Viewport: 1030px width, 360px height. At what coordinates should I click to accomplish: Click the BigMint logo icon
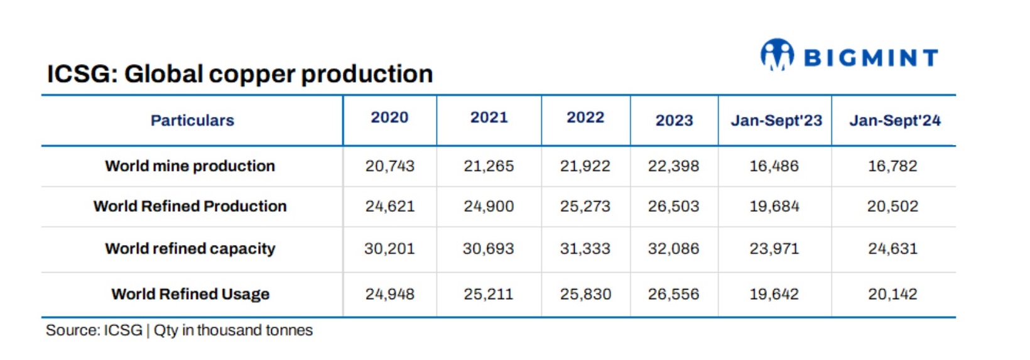777,55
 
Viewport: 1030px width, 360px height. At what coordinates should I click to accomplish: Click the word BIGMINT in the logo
871,58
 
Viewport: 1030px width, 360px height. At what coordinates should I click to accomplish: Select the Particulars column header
192,120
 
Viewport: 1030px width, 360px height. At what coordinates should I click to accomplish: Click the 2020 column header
389,117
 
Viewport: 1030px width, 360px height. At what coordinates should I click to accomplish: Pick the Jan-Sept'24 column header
894,120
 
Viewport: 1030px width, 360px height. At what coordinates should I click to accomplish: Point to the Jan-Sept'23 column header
776,120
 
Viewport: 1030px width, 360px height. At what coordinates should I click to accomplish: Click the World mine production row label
190,166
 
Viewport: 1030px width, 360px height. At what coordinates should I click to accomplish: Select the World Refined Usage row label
190,294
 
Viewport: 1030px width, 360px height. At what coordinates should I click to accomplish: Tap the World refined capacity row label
190,249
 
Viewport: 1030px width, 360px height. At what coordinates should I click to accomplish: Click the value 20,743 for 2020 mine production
389,166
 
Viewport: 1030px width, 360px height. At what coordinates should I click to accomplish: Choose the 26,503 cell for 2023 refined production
673,206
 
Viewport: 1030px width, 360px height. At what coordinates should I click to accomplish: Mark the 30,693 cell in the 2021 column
488,249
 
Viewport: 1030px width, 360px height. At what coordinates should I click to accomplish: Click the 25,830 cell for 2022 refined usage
585,294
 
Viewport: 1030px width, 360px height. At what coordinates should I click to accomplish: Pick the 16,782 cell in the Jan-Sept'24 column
892,166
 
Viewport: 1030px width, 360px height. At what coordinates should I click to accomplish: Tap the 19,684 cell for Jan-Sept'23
774,206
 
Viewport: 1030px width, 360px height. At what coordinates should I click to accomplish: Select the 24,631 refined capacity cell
892,249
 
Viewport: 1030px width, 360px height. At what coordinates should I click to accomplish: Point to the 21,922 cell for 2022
585,166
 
